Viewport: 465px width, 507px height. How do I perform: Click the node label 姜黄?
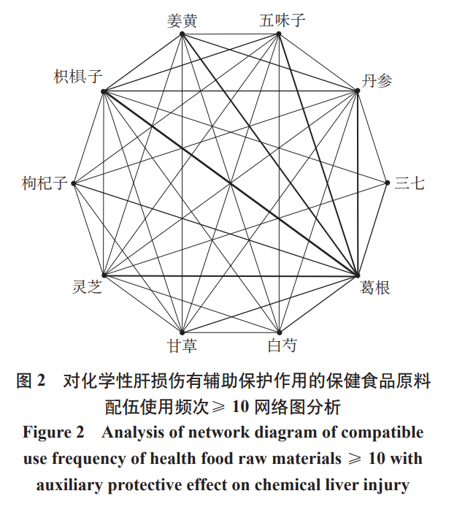(182, 20)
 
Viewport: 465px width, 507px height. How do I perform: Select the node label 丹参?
(377, 80)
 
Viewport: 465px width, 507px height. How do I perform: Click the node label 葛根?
(375, 287)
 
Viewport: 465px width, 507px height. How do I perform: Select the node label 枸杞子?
(45, 183)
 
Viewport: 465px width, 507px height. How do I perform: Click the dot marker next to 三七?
(388, 183)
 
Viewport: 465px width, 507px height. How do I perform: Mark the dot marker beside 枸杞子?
(74, 183)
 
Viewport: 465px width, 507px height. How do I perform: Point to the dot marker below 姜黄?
(182, 34)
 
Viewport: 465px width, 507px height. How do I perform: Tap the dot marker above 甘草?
(182, 332)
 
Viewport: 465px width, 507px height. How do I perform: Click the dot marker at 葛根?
(358, 275)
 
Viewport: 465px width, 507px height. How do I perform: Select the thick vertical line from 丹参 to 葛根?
(358, 183)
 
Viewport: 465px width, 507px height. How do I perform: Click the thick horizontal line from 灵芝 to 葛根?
(230, 275)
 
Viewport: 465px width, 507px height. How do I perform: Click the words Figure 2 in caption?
(53, 432)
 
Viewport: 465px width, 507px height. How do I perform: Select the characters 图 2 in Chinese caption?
(31, 381)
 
